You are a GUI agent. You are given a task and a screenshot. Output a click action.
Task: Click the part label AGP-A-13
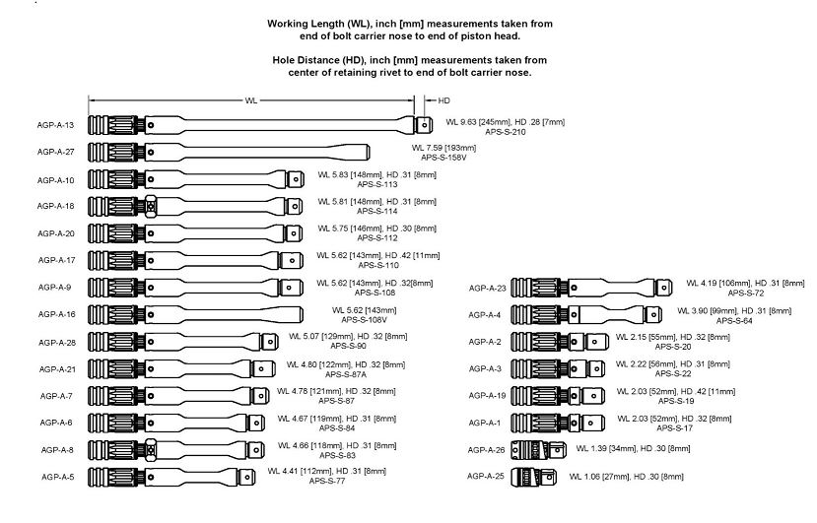click(x=56, y=125)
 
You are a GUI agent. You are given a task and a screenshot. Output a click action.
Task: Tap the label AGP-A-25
click(x=487, y=476)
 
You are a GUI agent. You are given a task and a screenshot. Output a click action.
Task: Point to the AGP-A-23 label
click(x=487, y=288)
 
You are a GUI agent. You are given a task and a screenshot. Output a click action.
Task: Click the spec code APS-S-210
click(x=505, y=131)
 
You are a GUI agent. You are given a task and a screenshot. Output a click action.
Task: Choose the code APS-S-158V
click(x=443, y=158)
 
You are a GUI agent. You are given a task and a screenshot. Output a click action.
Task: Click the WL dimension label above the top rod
click(x=252, y=99)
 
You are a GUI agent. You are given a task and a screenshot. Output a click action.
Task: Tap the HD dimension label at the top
click(x=443, y=99)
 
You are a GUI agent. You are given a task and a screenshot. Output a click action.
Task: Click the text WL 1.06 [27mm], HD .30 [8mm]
click(x=626, y=477)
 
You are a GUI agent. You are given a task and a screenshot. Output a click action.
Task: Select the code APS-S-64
click(x=734, y=320)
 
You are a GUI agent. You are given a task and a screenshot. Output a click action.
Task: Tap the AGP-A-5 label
click(x=56, y=476)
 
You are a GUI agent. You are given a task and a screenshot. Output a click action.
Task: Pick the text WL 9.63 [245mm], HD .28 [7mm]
click(x=505, y=122)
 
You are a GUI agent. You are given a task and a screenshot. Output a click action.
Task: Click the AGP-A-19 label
click(x=487, y=396)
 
